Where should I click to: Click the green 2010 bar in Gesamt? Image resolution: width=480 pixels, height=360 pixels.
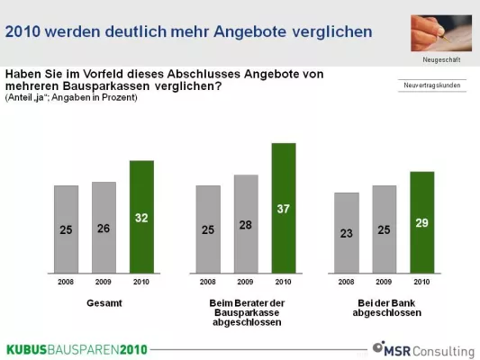point(141,216)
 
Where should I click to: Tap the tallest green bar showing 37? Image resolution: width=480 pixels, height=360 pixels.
point(284,207)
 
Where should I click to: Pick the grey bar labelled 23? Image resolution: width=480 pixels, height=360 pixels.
point(347,232)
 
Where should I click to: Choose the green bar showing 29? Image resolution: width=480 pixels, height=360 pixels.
point(421,221)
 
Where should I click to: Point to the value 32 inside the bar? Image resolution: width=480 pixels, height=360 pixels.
point(141,218)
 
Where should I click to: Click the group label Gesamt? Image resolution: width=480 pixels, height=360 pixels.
point(104,303)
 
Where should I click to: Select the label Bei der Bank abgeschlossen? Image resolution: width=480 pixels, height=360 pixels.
point(385,308)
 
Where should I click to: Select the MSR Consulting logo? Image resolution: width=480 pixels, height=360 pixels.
point(423,348)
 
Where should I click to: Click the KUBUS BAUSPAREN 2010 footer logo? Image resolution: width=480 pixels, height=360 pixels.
point(77,349)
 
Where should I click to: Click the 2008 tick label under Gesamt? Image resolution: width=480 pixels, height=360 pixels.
point(66,281)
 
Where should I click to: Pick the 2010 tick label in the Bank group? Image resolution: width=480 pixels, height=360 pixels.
point(421,281)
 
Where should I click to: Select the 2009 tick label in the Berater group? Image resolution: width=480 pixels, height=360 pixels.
point(246,281)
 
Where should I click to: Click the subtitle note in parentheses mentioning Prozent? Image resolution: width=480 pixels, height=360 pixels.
point(71,97)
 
